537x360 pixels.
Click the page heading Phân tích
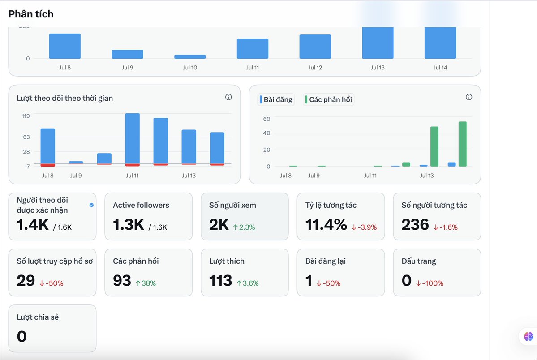pos(31,14)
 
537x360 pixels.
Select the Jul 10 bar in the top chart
pos(190,56)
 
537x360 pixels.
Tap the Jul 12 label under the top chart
pos(315,68)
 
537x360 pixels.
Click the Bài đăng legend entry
pos(276,100)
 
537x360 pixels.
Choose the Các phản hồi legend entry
pos(328,100)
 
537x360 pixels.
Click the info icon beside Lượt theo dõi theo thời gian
pos(228,97)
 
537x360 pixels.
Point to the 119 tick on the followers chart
pos(26,116)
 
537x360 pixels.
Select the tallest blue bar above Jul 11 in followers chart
pos(133,139)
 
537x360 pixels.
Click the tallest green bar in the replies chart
pos(462,144)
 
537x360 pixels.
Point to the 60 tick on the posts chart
pos(266,119)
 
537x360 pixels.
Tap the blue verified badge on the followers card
pos(91,205)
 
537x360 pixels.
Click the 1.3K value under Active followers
pos(129,225)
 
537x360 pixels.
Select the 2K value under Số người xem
pos(219,225)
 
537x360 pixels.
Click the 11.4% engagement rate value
pos(326,225)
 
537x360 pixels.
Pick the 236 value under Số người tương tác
pos(415,225)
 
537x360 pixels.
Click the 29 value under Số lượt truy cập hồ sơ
pos(26,281)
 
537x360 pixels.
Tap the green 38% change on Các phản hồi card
pos(146,283)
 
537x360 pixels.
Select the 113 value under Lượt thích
pos(220,281)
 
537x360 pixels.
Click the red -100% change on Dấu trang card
pos(430,283)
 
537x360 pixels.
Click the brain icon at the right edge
pos(528,336)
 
